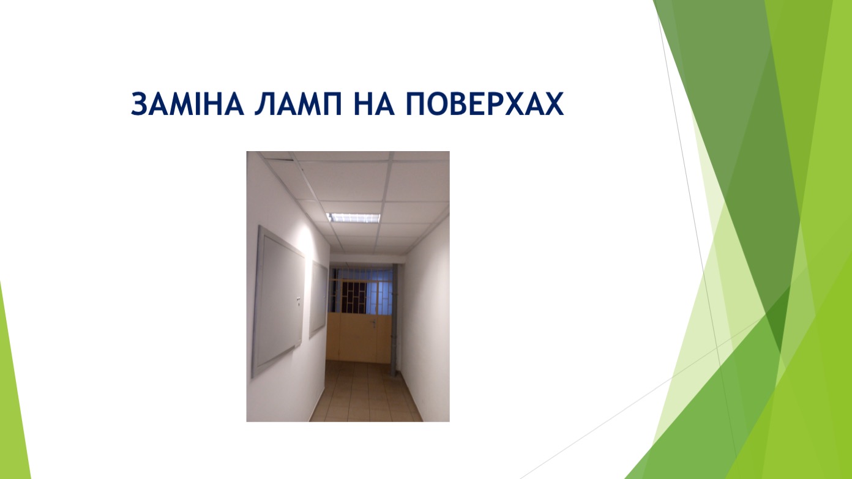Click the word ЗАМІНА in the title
[x=187, y=104]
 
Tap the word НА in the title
[x=373, y=104]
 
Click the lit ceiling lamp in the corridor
[x=353, y=218]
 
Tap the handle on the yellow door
[x=374, y=323]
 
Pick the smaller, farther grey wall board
[x=318, y=299]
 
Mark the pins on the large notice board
[x=298, y=300]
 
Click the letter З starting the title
[x=139, y=104]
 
